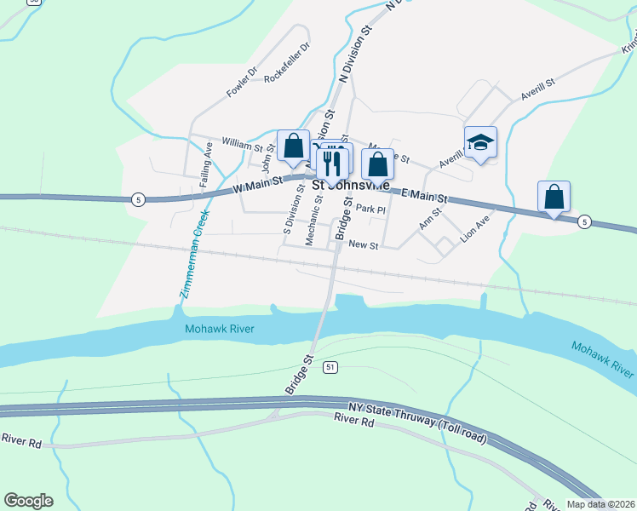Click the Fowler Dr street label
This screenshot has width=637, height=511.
coord(241,81)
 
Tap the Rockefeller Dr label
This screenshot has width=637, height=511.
coord(287,63)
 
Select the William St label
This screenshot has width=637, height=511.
coord(242,142)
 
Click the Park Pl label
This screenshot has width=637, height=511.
coord(371,209)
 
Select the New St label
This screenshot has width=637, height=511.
coord(363,244)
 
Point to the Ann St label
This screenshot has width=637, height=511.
coord(430,218)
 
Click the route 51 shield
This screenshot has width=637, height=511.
coord(330,367)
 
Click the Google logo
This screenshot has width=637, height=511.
coord(28,500)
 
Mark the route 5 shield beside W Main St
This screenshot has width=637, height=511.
coord(139,198)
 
